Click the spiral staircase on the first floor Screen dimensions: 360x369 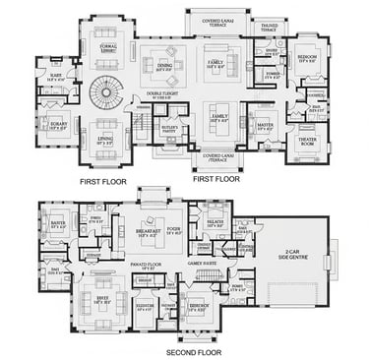pos(103,93)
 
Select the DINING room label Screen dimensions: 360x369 pos(163,68)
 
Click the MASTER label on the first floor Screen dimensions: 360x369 pos(264,126)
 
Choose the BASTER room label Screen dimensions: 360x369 pos(58,223)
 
